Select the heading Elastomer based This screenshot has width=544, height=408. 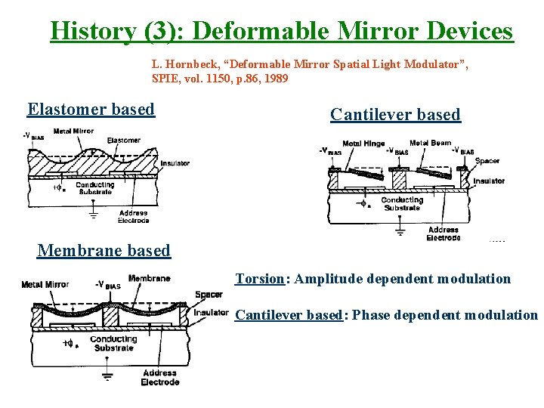[91, 110]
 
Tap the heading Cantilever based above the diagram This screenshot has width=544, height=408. [395, 115]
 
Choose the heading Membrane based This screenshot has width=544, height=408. [104, 250]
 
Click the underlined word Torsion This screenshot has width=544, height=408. [259, 279]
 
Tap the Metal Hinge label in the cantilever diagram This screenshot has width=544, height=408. [363, 144]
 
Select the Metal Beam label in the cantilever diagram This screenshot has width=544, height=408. [430, 143]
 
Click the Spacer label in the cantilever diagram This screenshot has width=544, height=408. [487, 161]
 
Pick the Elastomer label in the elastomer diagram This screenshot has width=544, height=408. [123, 141]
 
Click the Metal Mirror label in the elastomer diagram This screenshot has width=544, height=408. [73, 131]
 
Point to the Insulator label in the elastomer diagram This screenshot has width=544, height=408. [175, 162]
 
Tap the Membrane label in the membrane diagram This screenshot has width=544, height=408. [149, 278]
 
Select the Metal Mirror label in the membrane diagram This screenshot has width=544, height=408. [45, 285]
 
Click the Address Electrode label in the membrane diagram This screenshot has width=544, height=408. [159, 377]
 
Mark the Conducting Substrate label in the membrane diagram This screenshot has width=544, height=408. [113, 344]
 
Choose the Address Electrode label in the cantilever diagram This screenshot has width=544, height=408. [444, 233]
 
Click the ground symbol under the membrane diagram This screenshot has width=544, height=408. [107, 376]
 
